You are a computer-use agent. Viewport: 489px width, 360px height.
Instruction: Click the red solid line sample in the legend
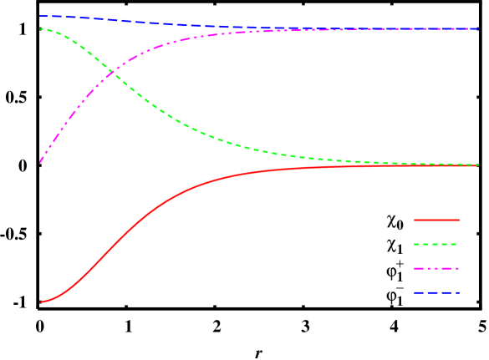click(436, 220)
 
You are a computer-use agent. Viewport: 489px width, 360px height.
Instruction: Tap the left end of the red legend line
click(414, 220)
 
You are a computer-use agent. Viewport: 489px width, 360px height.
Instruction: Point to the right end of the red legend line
click(458, 220)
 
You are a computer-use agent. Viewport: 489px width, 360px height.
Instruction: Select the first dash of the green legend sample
click(416, 245)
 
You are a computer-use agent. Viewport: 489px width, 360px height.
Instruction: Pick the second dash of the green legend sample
click(425, 245)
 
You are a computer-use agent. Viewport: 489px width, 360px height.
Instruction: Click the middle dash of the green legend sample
click(435, 245)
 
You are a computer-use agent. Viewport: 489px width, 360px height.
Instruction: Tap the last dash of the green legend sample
click(453, 245)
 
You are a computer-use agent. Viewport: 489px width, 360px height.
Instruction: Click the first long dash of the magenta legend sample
click(418, 269)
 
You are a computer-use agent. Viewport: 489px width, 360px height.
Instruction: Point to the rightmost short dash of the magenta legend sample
click(458, 269)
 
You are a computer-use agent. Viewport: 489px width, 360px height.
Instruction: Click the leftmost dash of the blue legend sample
click(418, 293)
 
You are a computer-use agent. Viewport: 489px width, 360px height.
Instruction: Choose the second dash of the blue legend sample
click(433, 293)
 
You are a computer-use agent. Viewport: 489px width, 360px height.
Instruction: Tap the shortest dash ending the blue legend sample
click(457, 293)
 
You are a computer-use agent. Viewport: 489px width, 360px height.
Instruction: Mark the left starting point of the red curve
click(40, 302)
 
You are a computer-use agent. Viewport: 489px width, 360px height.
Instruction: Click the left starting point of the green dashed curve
click(40, 28)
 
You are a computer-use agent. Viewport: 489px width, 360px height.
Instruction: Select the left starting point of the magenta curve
click(40, 161)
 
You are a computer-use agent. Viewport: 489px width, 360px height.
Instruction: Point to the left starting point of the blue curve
click(40, 16)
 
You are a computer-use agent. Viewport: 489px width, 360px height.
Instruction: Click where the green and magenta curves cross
click(112, 73)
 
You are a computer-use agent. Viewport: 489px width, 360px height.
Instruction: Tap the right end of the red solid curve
click(478, 165)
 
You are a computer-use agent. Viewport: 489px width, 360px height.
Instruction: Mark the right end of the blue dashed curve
click(478, 28)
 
